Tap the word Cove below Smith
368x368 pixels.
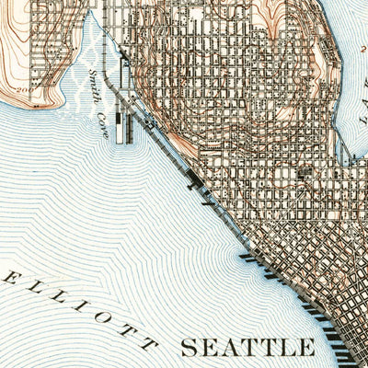tap(104, 127)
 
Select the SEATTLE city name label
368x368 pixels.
tap(247, 348)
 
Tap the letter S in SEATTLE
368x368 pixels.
tap(189, 348)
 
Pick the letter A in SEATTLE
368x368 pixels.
tap(227, 348)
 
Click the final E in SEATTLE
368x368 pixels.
tap(305, 348)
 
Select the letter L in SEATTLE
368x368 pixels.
tap(286, 348)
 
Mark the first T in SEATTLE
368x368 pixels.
tap(247, 348)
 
